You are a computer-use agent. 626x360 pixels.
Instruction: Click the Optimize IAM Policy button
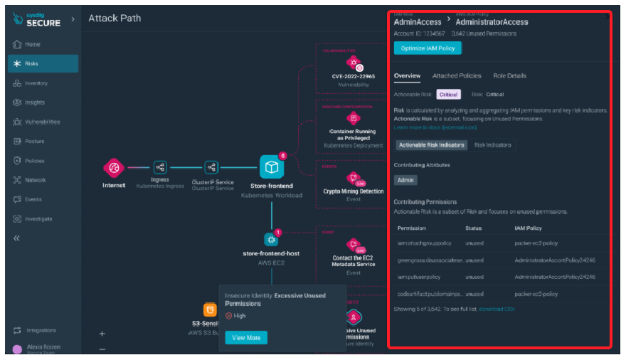coord(428,48)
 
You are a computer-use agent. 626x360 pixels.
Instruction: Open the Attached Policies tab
coord(457,76)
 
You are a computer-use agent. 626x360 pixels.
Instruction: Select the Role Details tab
coord(510,76)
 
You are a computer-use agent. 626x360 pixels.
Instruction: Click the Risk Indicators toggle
coord(493,145)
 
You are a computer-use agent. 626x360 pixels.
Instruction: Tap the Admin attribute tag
coord(405,181)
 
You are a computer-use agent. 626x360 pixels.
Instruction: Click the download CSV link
coord(497,309)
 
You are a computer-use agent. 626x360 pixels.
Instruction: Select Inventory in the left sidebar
coord(36,83)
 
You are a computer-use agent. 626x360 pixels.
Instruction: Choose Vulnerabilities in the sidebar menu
coord(42,122)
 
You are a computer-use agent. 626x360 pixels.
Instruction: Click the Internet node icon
coord(114,168)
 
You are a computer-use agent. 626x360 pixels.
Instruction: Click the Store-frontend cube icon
coord(272,168)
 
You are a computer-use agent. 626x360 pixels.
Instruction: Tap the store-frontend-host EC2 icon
coord(270,239)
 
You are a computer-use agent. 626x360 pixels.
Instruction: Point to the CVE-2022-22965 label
coord(353,77)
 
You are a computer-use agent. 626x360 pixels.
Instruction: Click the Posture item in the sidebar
coord(35,142)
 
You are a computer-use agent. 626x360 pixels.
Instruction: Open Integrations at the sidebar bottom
coord(41,331)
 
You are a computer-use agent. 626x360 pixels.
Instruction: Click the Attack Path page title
coord(115,18)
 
